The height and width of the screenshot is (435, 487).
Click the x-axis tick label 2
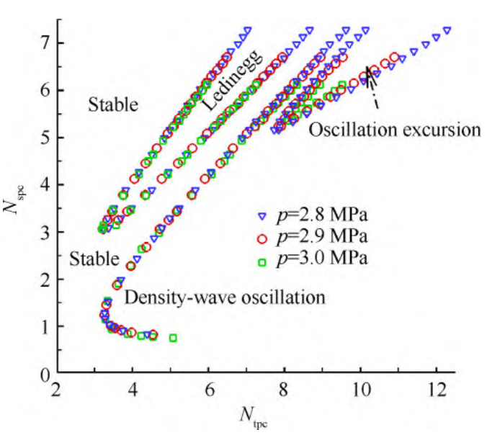tap(57, 395)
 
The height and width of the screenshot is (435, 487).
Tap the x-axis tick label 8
tap(284, 395)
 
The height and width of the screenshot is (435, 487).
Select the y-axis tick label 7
tap(45, 43)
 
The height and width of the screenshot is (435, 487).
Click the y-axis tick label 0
tap(45, 375)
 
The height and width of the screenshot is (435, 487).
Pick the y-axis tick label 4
tap(45, 185)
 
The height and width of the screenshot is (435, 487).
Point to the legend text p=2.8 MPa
tap(324, 215)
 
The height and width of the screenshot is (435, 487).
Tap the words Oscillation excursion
tap(393, 130)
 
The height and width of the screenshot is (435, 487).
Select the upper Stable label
tap(112, 105)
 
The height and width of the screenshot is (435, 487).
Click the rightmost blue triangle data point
tap(447, 31)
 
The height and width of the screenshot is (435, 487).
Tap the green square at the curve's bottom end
tap(173, 338)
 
